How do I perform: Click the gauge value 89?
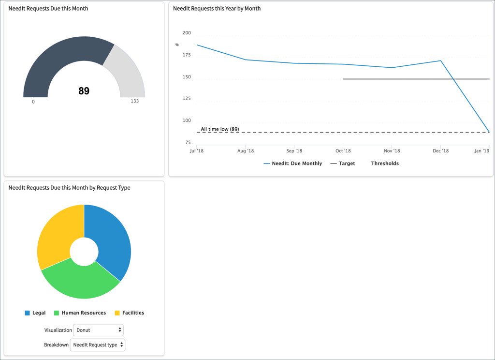pyautogui.click(x=84, y=91)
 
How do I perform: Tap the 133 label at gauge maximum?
pyautogui.click(x=135, y=101)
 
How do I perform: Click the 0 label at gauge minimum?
pyautogui.click(x=33, y=102)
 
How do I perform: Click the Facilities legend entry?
pyautogui.click(x=129, y=313)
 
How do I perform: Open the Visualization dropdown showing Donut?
pyautogui.click(x=98, y=330)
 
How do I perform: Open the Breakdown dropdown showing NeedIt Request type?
pyautogui.click(x=98, y=345)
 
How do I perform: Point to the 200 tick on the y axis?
pyautogui.click(x=187, y=33)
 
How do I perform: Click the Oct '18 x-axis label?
pyautogui.click(x=343, y=151)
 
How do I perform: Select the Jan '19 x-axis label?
pyautogui.click(x=481, y=151)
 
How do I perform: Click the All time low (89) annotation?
pyautogui.click(x=220, y=129)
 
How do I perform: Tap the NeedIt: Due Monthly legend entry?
pyautogui.click(x=293, y=164)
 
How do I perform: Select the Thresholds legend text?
pyautogui.click(x=385, y=164)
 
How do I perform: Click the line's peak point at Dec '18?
pyautogui.click(x=440, y=60)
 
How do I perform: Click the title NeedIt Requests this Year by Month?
pyautogui.click(x=217, y=8)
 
